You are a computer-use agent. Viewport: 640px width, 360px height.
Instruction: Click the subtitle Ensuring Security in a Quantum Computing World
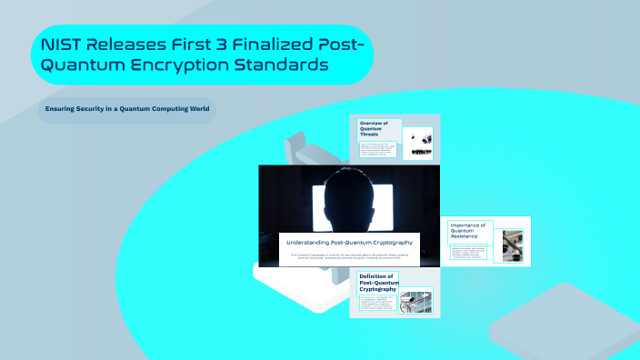(x=127, y=109)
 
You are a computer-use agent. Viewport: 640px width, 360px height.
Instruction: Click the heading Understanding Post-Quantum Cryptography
(x=349, y=243)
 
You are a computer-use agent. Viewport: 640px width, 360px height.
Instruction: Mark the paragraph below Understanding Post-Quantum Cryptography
(x=349, y=256)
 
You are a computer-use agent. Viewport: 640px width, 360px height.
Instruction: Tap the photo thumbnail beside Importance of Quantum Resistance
(x=513, y=245)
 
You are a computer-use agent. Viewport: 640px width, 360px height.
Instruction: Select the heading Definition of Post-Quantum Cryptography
(x=377, y=282)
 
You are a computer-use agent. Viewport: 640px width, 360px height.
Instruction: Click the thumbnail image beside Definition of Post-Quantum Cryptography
(x=417, y=300)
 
